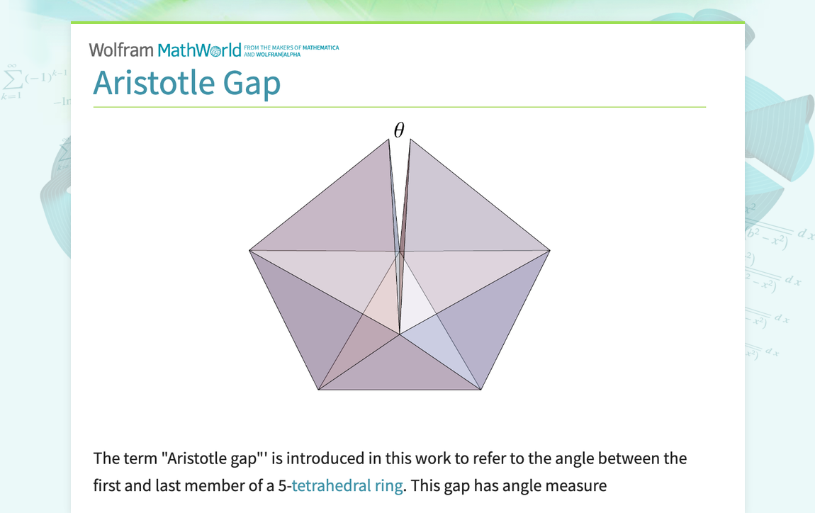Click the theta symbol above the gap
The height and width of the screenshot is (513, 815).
click(x=399, y=130)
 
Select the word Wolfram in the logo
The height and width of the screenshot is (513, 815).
click(x=121, y=50)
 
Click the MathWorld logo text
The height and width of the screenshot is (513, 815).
click(x=199, y=50)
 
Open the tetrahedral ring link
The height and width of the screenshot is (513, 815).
click(x=347, y=486)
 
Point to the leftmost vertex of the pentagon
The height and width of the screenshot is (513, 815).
click(x=249, y=250)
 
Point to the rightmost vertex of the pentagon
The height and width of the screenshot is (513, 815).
click(x=550, y=250)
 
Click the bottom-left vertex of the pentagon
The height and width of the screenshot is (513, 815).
click(x=318, y=389)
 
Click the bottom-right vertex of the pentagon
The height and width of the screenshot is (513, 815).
click(x=481, y=389)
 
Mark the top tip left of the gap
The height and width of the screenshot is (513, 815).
click(x=389, y=139)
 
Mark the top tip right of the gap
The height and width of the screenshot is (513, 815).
click(x=410, y=140)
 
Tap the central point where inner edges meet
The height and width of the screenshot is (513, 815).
click(x=400, y=333)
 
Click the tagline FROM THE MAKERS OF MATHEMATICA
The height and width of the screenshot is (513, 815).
click(x=291, y=47)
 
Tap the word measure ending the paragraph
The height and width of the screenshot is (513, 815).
click(x=578, y=486)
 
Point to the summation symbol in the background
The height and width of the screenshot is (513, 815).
click(x=11, y=77)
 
